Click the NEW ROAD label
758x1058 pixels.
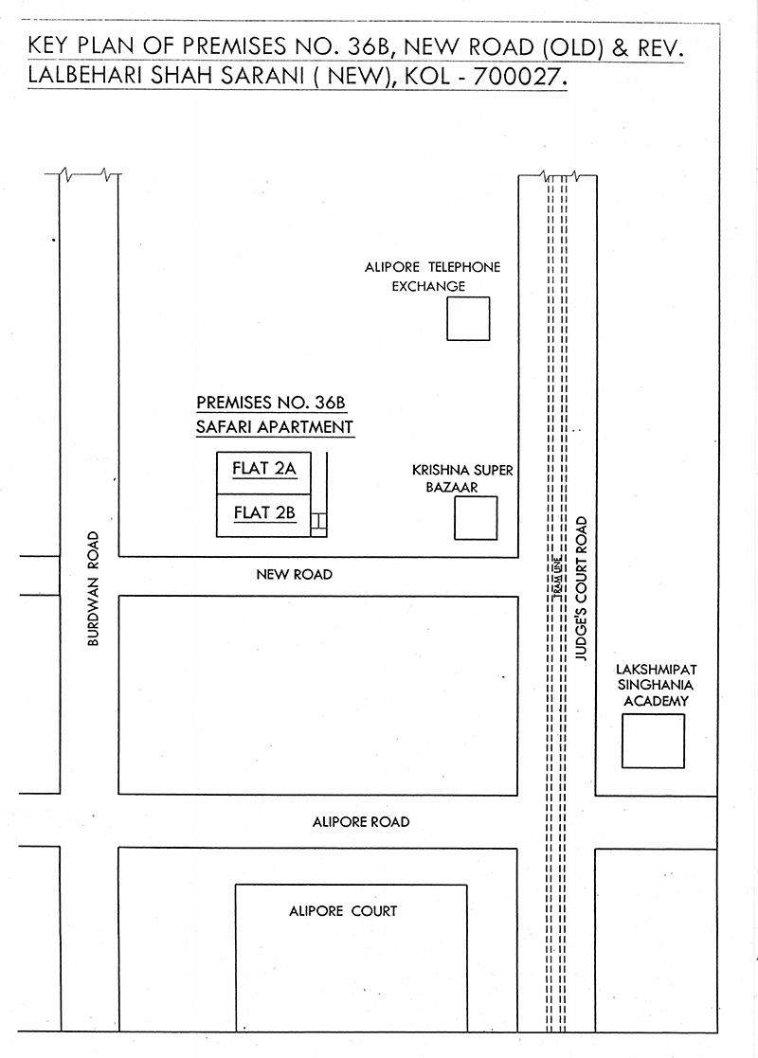coord(295,575)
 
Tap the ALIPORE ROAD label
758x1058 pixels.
coord(361,822)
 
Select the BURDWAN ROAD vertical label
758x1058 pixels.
coord(93,588)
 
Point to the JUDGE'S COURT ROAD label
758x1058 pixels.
coord(581,588)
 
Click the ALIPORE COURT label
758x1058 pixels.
coord(343,911)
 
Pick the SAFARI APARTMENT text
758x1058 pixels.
coord(275,427)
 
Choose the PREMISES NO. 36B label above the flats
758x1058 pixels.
coord(271,403)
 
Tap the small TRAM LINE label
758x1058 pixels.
coord(557,578)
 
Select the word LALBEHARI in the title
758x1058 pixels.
coord(85,76)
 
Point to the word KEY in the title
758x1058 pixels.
coord(48,45)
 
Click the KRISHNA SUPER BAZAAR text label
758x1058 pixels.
coord(462,478)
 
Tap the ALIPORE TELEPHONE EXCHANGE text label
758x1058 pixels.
coord(433,277)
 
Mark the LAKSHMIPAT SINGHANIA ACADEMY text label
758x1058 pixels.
coord(656,685)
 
